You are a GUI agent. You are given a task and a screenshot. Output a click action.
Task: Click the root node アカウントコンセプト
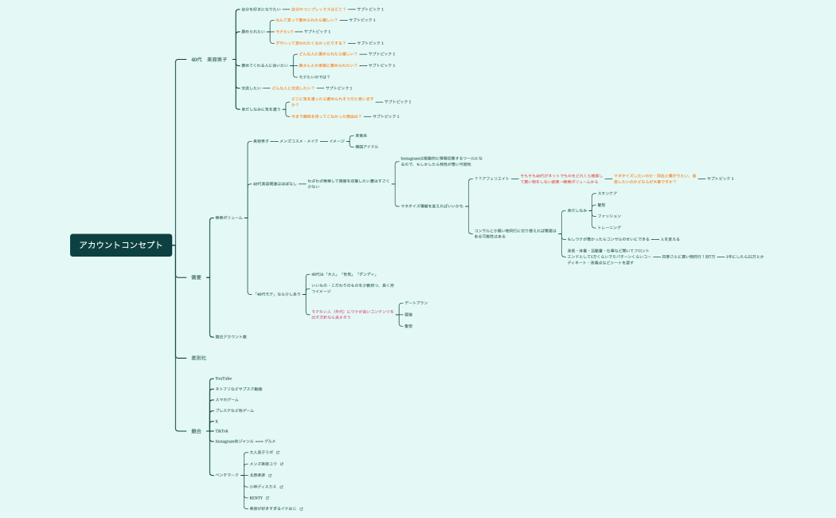point(120,245)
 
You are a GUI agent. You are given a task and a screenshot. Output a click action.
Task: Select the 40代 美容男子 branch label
point(209,60)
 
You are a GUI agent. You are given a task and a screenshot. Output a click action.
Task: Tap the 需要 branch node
point(196,277)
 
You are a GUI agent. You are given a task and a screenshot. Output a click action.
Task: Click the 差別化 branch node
point(198,358)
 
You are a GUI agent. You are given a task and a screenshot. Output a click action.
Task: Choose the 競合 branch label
point(196,431)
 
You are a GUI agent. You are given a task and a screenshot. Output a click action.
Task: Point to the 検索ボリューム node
point(229,218)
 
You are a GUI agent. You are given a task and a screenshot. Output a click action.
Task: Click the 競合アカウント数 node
point(231,336)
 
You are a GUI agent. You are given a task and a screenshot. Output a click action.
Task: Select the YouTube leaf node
point(224,379)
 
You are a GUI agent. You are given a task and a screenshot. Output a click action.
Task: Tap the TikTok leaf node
point(221,430)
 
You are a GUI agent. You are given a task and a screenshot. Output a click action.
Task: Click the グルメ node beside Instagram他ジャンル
point(270,441)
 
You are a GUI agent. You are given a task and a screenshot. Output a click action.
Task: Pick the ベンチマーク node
point(227,474)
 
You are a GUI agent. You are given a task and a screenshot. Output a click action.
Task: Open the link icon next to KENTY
point(268,497)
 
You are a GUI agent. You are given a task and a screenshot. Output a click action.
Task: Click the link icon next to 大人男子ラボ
point(277,452)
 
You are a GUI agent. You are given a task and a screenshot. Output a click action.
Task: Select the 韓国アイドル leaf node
point(366,147)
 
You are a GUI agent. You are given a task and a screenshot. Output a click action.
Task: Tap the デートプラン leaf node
point(416,303)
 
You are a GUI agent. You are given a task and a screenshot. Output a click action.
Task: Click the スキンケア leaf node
point(607,193)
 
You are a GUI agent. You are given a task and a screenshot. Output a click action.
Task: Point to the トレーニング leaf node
point(609,227)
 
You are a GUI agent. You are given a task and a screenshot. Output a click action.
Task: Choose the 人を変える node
point(670,239)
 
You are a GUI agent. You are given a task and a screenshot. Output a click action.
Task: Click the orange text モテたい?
point(285,31)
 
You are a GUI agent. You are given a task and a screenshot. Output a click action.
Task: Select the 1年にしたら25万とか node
point(744,257)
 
